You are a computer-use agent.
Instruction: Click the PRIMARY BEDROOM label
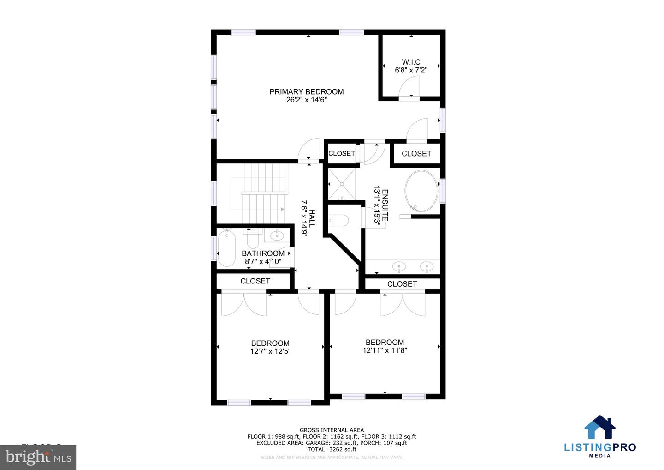306,92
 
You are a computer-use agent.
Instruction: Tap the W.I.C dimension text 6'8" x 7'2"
411,70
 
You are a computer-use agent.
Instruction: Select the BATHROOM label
263,253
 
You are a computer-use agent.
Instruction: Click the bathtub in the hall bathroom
226,249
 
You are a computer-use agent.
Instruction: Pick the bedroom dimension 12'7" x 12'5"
270,351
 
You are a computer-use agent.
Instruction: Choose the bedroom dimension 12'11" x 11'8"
385,350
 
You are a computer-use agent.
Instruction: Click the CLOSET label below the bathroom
255,281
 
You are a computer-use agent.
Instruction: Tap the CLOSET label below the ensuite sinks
402,284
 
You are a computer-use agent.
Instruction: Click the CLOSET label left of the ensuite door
341,153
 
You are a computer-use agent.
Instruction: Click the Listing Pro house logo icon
599,427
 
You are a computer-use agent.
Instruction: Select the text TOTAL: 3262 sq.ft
332,449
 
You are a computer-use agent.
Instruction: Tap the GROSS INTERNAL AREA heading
332,430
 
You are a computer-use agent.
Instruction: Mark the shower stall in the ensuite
342,184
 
